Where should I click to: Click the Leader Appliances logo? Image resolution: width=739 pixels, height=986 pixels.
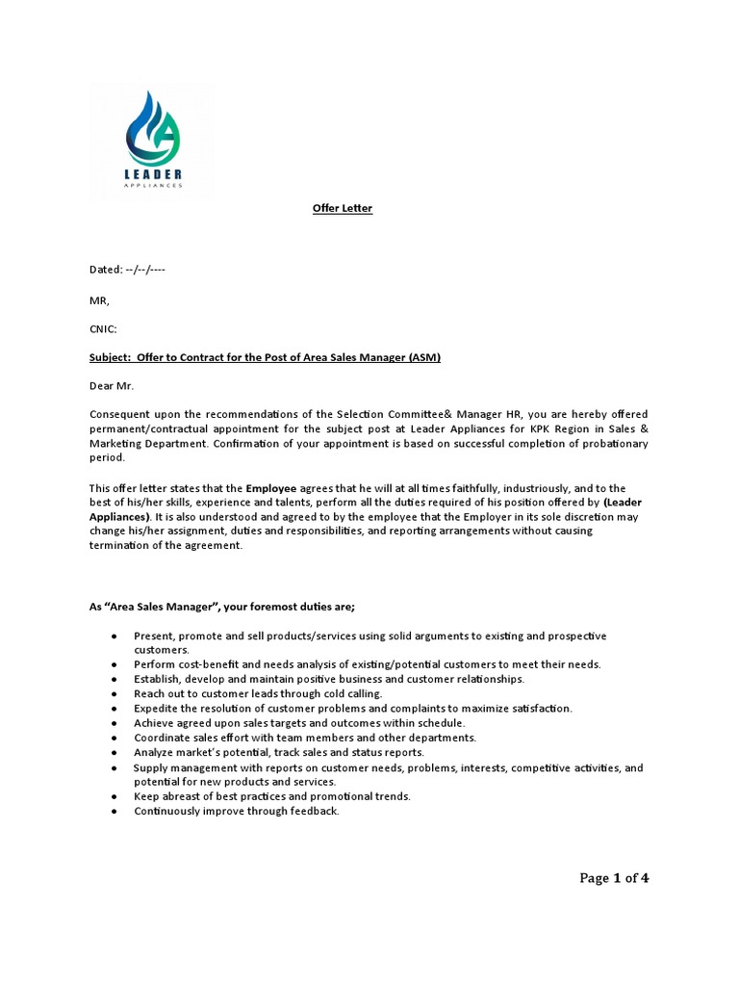click(x=153, y=141)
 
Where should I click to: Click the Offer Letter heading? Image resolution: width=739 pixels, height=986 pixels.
click(x=343, y=209)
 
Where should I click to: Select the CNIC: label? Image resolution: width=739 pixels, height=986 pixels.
click(x=103, y=329)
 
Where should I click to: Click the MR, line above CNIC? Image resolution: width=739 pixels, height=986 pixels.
click(x=100, y=299)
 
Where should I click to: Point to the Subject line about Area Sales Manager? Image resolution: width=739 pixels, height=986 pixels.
click(x=265, y=358)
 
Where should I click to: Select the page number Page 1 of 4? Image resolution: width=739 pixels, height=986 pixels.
click(x=614, y=877)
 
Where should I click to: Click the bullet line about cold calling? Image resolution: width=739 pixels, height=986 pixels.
click(x=258, y=693)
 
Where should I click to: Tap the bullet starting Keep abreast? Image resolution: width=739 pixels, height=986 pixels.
click(x=272, y=796)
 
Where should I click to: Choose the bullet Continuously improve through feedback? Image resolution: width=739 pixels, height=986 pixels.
click(x=237, y=811)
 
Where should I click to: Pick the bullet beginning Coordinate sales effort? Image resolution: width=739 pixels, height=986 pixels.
click(x=305, y=738)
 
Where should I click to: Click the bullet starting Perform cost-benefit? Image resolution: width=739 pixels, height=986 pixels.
click(x=367, y=664)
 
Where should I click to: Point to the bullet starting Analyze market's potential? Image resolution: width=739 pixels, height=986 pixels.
click(x=279, y=752)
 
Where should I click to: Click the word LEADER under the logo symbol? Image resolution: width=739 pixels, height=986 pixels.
click(x=153, y=173)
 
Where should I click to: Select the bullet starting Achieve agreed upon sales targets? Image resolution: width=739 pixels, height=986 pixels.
click(x=299, y=722)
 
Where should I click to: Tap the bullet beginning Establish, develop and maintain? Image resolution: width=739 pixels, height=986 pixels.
click(x=329, y=679)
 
